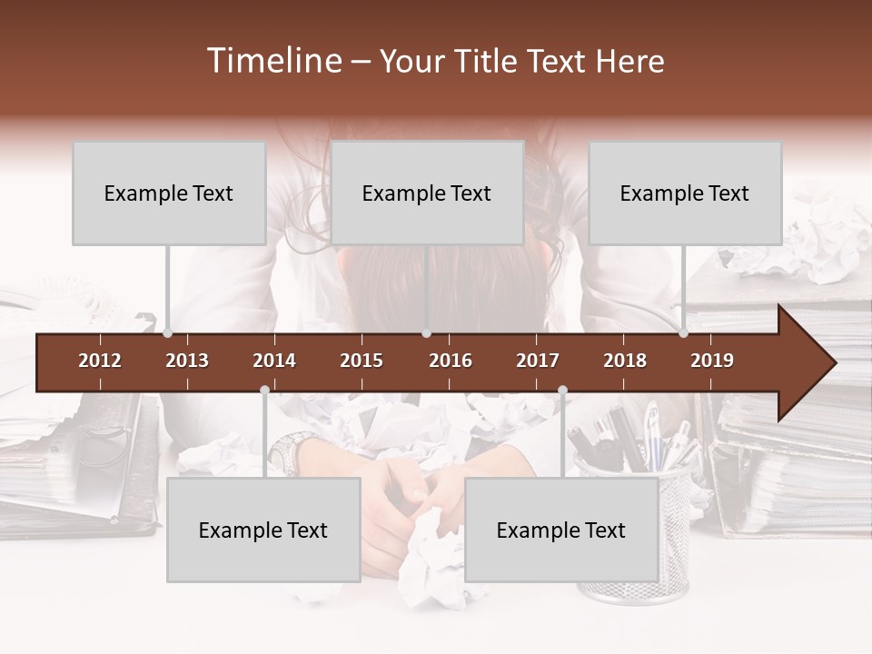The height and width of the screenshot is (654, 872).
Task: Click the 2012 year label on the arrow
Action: coord(100,361)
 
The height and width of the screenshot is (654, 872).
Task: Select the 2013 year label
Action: coord(187,361)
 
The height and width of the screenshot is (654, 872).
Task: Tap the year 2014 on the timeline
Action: coord(274,361)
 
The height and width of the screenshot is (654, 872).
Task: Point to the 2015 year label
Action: coord(362,361)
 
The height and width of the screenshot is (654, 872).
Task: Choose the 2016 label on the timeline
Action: coord(451,361)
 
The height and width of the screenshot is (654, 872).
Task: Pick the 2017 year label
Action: coord(538,361)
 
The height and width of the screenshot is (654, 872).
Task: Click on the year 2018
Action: coord(625,361)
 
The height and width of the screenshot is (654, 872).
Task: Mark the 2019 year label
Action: coord(712,361)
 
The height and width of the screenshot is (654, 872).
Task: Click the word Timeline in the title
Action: coord(272,61)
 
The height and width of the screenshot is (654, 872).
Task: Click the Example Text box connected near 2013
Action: coord(169,193)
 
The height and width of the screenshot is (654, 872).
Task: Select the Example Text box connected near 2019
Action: coord(685,193)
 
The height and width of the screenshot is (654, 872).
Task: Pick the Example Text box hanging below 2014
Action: coord(263,530)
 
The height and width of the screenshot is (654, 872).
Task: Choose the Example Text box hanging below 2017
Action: coord(561,530)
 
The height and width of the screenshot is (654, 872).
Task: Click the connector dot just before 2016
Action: coord(426,333)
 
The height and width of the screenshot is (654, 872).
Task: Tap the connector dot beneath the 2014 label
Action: coord(264,391)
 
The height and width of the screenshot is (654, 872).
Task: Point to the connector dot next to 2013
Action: coord(167,333)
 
